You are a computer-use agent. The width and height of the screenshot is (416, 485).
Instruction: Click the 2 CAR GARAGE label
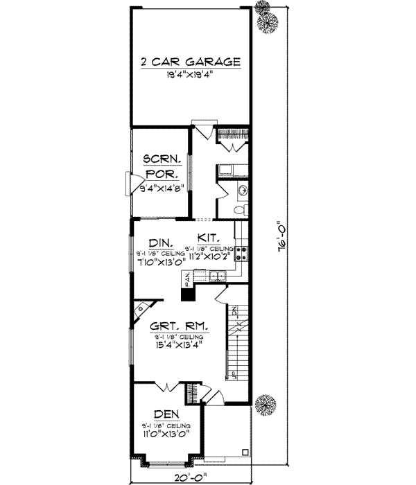tap(190, 62)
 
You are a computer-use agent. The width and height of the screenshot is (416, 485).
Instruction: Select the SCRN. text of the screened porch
tap(162, 159)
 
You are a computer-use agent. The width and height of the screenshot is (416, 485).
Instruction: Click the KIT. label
tap(209, 236)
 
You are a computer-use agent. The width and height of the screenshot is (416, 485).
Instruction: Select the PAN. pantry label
tap(187, 279)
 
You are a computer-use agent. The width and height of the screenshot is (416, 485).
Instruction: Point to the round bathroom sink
tap(243, 190)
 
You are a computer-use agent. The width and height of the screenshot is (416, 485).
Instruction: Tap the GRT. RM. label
tap(179, 325)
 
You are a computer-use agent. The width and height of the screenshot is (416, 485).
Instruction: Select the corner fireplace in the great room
tap(141, 309)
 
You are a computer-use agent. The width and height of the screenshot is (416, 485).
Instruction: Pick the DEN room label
tap(165, 414)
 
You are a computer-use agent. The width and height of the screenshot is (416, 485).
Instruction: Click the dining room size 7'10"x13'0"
tap(160, 262)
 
